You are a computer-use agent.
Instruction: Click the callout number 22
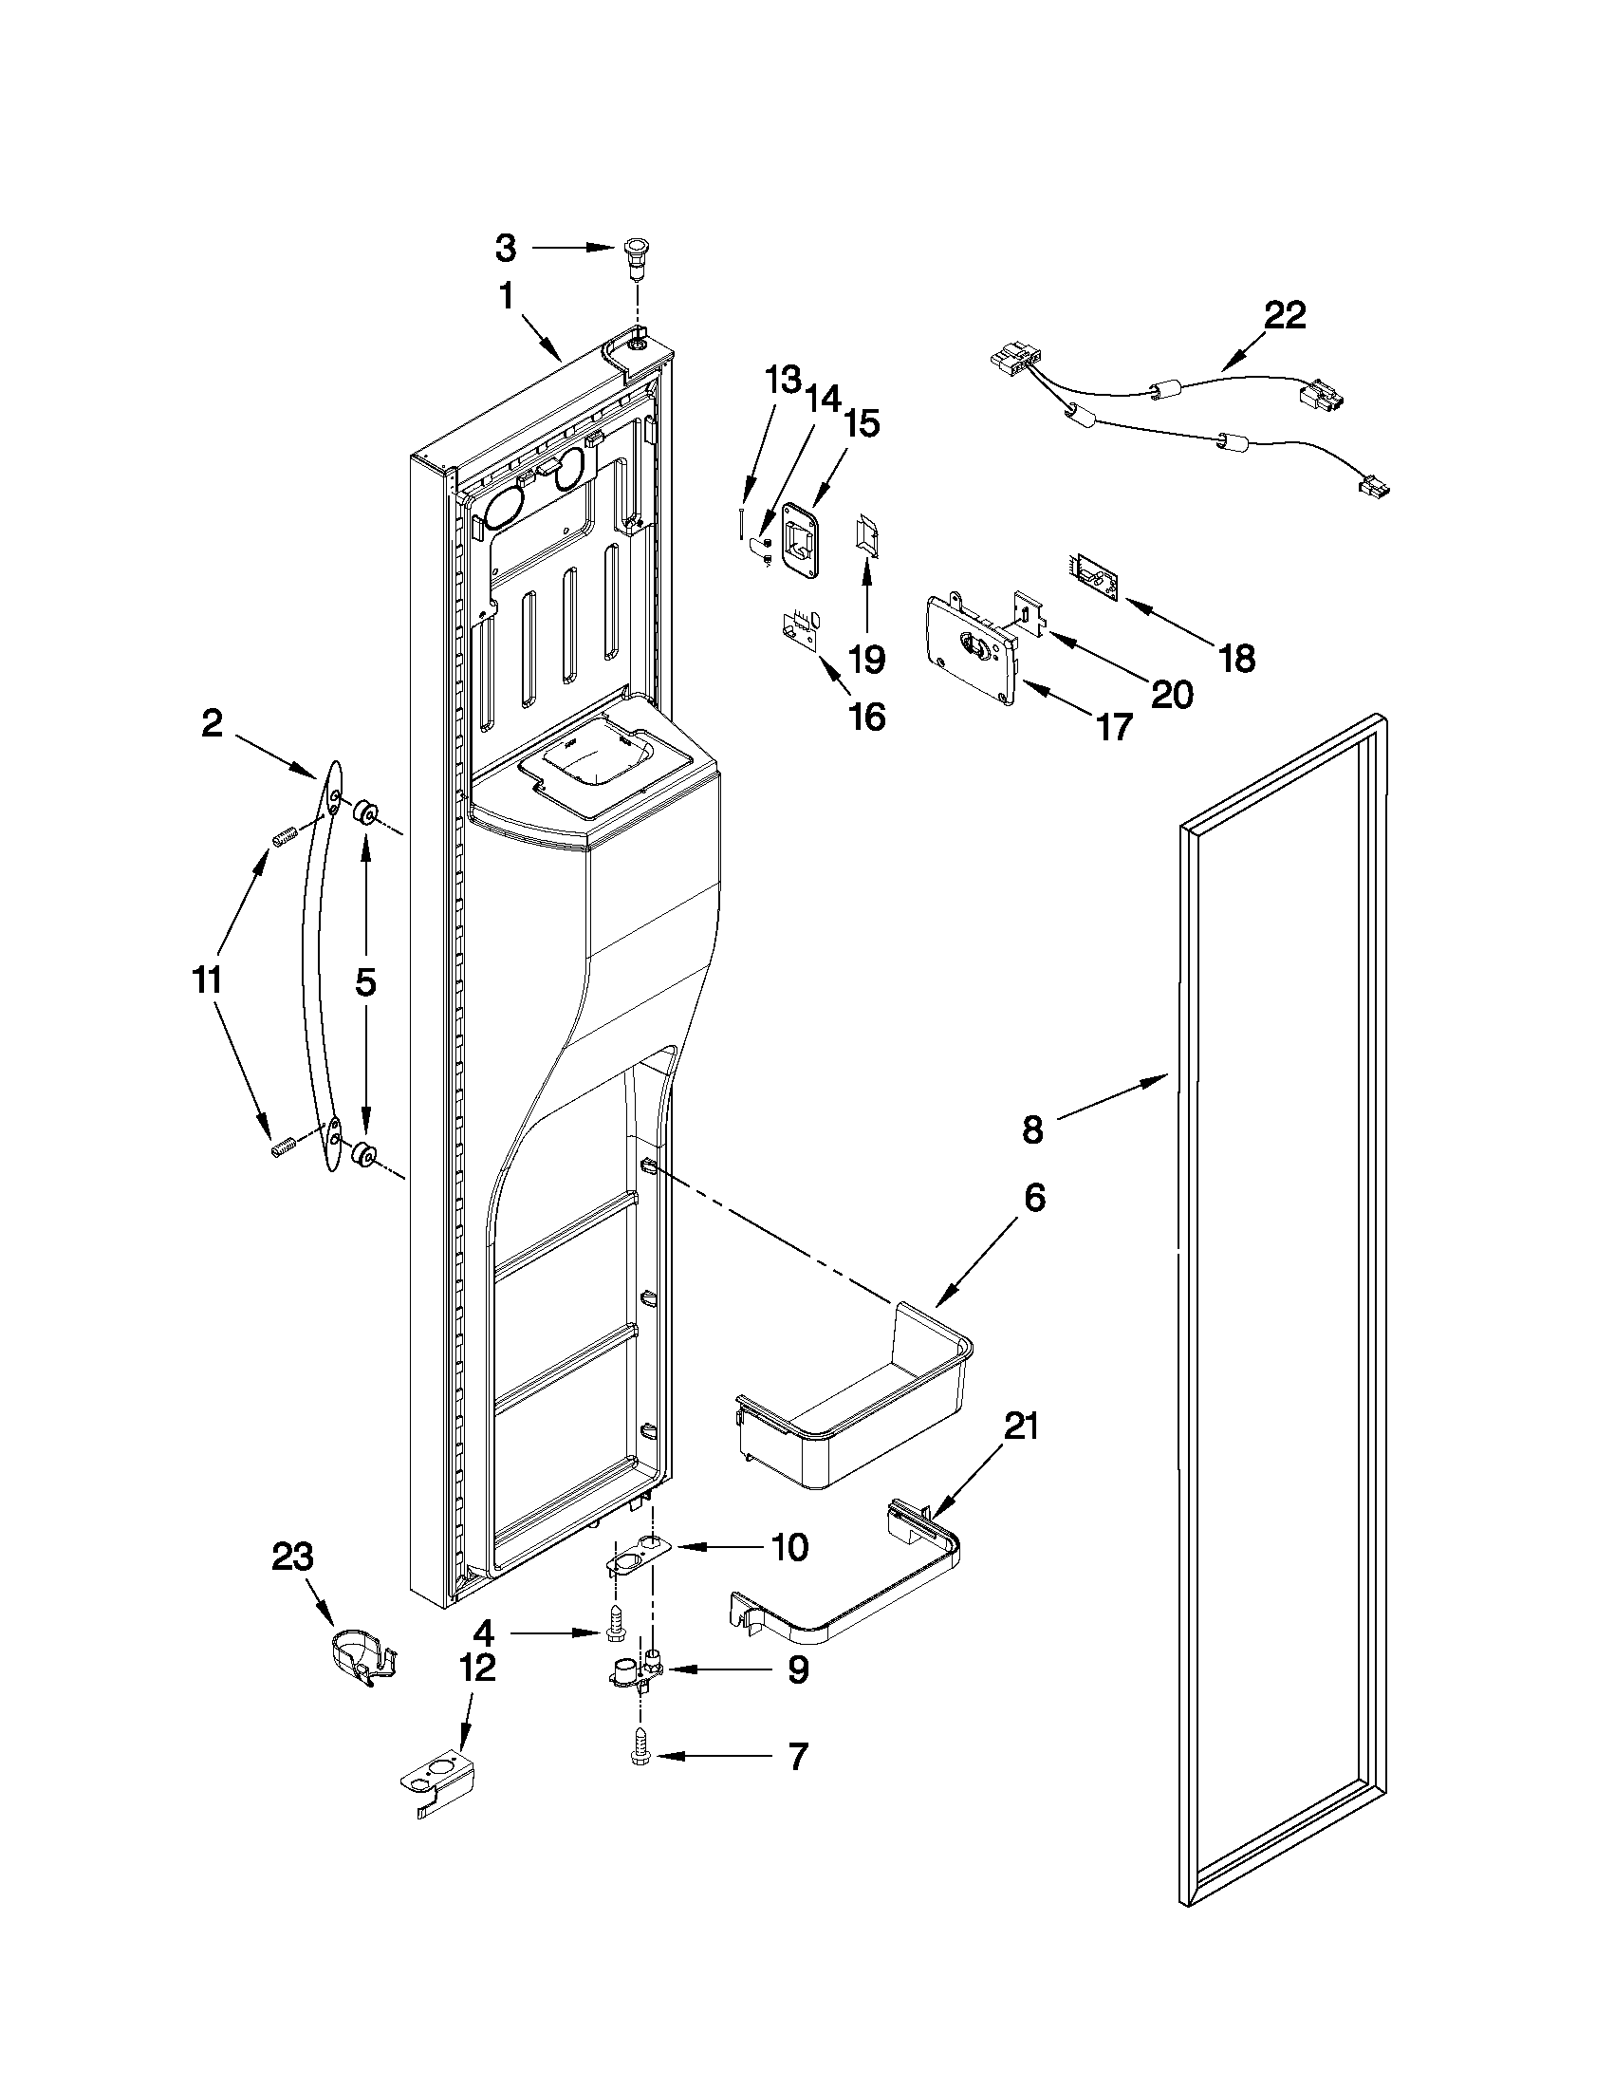1284,316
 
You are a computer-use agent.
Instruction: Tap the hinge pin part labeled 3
634,255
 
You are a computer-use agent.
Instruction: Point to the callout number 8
1032,1130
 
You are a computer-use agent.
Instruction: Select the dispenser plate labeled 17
970,650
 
